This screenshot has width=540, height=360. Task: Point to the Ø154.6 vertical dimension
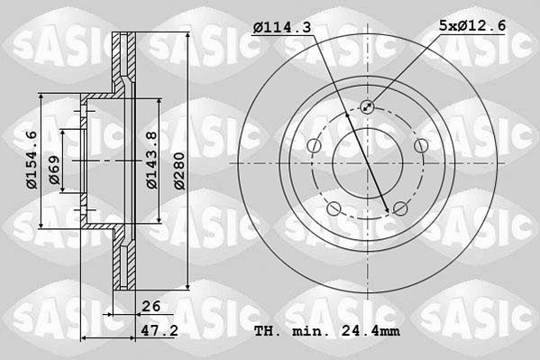point(31,161)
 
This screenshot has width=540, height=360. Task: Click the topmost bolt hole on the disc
point(367,106)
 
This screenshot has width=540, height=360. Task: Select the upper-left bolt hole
point(313,146)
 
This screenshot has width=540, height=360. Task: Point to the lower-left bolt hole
point(334,210)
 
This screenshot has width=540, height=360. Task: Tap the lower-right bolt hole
point(400,210)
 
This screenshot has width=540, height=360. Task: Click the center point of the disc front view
point(367,163)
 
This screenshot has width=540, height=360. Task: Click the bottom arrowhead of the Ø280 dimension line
point(188,290)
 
